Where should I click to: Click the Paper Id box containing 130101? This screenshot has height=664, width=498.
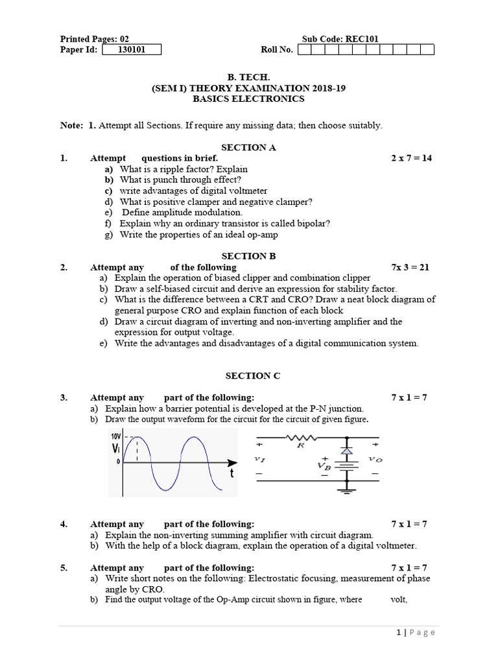(x=131, y=50)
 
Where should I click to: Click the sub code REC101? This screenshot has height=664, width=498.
(x=362, y=39)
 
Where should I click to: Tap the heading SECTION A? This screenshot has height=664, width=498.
(x=248, y=147)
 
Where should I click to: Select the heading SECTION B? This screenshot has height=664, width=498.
(x=248, y=256)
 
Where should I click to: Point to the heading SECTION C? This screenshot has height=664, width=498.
(x=248, y=375)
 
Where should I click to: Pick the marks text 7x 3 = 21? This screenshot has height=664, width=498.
(x=410, y=267)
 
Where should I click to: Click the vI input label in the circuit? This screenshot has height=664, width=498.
(x=259, y=459)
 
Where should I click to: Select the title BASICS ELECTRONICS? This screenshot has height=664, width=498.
(x=248, y=99)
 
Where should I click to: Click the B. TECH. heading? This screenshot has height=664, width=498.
(x=248, y=77)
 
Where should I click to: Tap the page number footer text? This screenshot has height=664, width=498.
(x=416, y=633)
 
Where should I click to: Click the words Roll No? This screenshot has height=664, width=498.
(x=277, y=50)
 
